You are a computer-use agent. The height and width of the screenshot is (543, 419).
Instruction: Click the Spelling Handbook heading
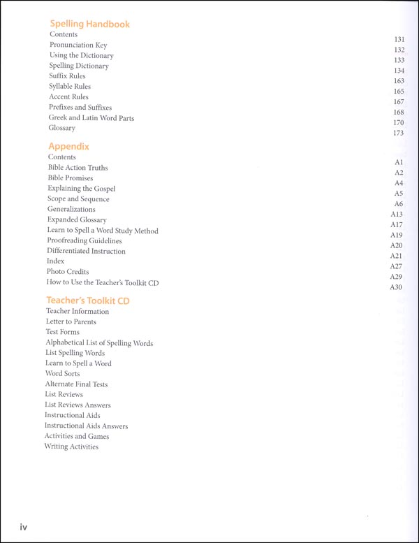89,24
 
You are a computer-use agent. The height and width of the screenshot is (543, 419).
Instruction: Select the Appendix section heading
68,146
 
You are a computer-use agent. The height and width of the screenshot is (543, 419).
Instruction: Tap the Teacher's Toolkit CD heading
88,301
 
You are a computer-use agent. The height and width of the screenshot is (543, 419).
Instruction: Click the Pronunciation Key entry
78,45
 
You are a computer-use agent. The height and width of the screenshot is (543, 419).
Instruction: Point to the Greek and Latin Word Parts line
91,118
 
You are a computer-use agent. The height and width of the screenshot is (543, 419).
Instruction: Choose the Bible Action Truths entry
78,168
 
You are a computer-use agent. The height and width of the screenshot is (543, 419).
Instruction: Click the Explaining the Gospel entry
82,189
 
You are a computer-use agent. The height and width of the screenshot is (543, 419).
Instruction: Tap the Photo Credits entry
68,272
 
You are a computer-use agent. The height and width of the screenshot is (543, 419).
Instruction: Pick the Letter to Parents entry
71,322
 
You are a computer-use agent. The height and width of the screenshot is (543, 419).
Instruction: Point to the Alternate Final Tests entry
76,384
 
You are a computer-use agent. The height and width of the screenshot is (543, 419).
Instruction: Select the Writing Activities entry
71,447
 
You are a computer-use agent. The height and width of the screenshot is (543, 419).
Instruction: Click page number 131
399,40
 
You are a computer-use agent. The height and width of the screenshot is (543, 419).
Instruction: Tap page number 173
399,133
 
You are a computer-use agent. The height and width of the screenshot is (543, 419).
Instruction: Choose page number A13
397,214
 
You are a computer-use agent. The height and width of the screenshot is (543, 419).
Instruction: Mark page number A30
397,287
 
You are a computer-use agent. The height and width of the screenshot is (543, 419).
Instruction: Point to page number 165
399,92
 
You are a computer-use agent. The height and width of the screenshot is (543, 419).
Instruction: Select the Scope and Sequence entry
78,199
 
